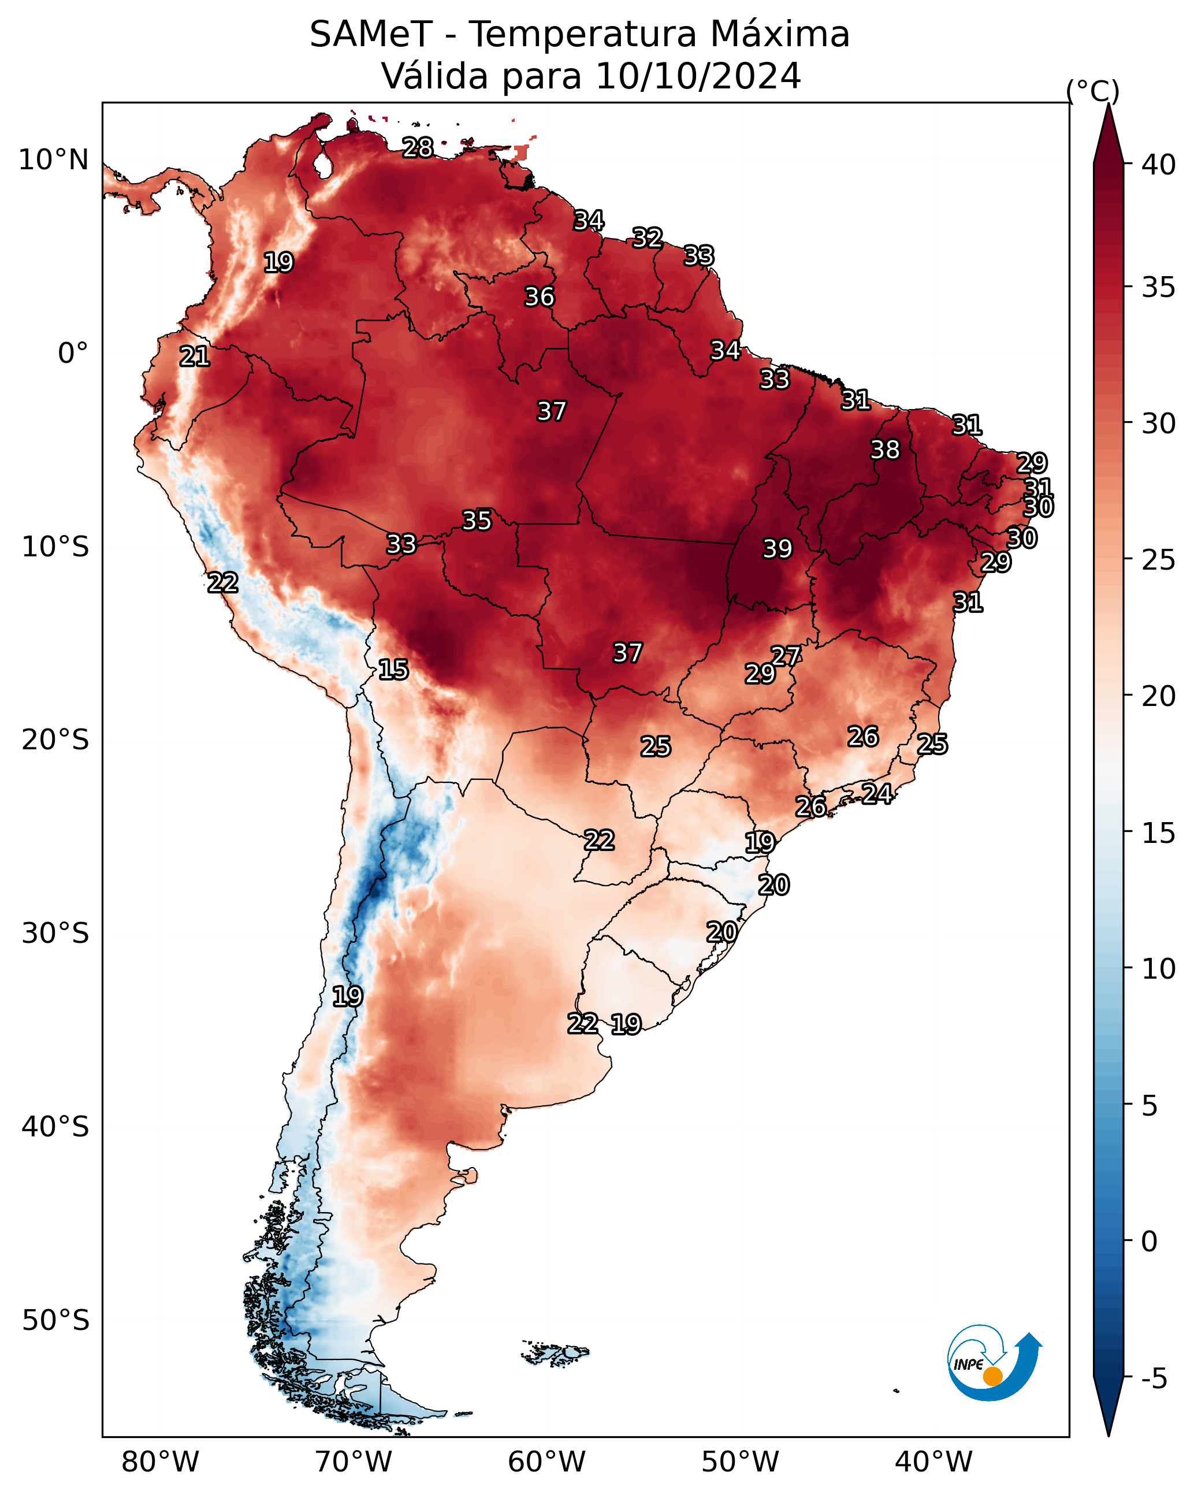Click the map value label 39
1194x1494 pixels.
(777, 548)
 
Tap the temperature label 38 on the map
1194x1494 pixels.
(885, 449)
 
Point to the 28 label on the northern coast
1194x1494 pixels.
(418, 147)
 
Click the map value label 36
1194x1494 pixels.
(539, 296)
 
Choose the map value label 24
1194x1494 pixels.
(877, 793)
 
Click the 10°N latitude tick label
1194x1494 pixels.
(53, 160)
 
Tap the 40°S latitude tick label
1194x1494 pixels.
(55, 1127)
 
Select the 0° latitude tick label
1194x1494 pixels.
(73, 354)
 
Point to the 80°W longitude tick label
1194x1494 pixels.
(160, 1463)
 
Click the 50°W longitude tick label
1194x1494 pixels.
(740, 1463)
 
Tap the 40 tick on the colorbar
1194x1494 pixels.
(1159, 165)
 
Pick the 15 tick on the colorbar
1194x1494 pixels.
(1159, 833)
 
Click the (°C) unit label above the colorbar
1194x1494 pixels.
(1092, 91)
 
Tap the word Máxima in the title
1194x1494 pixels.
(780, 35)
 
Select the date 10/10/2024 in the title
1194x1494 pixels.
(698, 76)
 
